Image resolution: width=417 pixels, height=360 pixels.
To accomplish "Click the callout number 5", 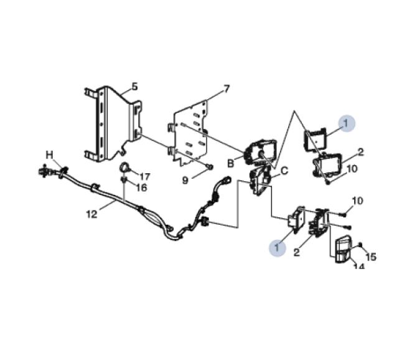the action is (135, 87).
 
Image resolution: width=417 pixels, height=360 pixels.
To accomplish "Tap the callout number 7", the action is (226, 89).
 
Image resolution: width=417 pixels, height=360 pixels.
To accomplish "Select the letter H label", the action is (49, 155).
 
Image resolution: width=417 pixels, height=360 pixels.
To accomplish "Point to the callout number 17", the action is (145, 177).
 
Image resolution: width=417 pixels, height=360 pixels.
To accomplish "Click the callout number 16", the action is (141, 188).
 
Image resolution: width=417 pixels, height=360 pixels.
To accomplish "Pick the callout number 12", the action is (91, 214).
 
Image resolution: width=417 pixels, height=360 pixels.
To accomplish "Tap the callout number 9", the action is (185, 181).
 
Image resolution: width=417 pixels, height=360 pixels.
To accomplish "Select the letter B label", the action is (230, 163).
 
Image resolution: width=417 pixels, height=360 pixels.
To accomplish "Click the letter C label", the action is (284, 171).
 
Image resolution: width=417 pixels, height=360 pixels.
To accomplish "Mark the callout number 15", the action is (371, 257).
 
